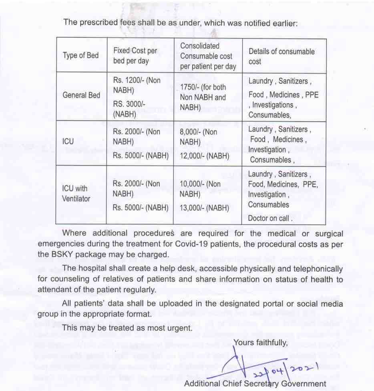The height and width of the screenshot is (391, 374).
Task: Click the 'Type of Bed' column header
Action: (x=80, y=56)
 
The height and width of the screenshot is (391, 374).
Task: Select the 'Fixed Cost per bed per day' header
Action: (x=135, y=56)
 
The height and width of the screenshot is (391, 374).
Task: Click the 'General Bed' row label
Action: (x=81, y=96)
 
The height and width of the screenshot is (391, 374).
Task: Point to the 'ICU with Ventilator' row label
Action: (x=76, y=194)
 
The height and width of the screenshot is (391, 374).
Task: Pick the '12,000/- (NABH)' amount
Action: (x=204, y=156)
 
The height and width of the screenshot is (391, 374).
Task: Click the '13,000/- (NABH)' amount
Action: (x=204, y=208)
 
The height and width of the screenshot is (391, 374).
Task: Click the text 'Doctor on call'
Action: (x=269, y=218)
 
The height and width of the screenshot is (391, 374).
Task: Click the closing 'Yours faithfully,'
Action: (x=260, y=343)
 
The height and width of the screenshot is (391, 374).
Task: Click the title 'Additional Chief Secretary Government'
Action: (x=255, y=384)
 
